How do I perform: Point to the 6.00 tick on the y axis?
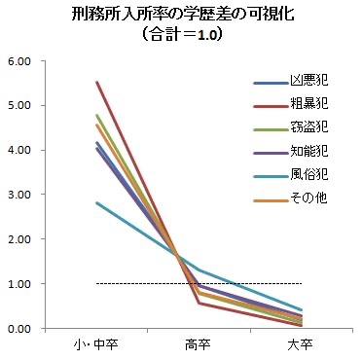(x=18, y=61)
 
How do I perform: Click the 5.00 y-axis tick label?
(x=18, y=106)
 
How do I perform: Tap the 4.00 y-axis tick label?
(x=18, y=151)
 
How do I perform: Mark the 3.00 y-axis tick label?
(x=18, y=195)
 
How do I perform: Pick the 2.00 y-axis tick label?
(x=18, y=239)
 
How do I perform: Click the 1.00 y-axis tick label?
(x=18, y=284)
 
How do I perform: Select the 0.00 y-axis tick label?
(x=18, y=329)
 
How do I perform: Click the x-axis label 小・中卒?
(x=97, y=346)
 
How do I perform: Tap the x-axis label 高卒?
(x=199, y=346)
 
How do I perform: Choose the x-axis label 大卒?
(x=301, y=346)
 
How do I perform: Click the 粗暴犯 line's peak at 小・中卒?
(x=97, y=83)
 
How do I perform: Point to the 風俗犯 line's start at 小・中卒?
(x=97, y=203)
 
